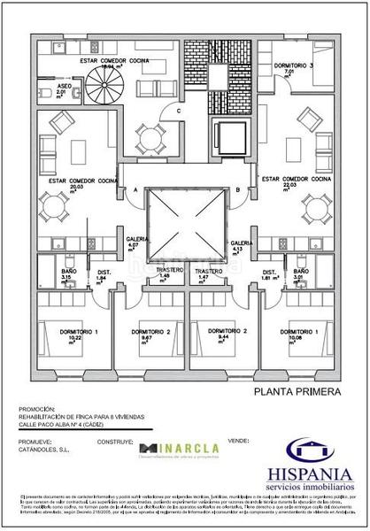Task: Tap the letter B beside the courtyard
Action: pos(238,190)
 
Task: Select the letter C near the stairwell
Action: pos(178,111)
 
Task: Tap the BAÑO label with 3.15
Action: pos(66,271)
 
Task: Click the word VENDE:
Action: pos(238,439)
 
